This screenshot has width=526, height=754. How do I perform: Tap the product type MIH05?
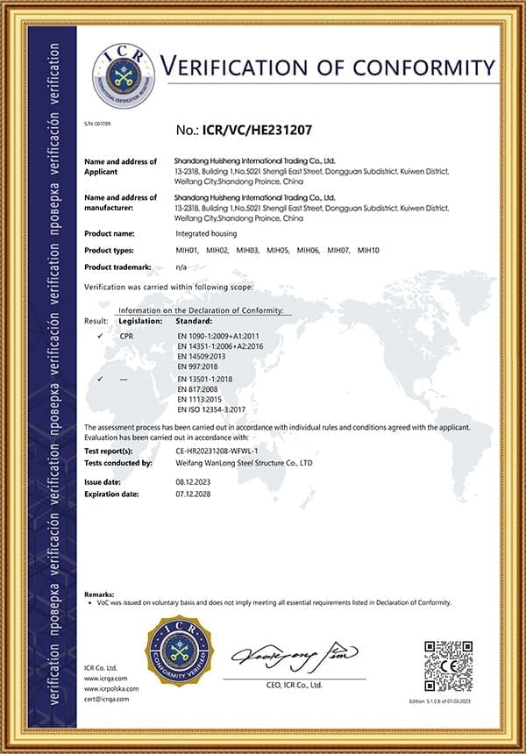pyautogui.click(x=278, y=251)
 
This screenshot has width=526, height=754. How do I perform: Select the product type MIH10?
pyautogui.click(x=368, y=251)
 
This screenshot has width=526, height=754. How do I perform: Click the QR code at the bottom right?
pyautogui.click(x=448, y=665)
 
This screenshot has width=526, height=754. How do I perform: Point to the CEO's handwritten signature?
pyautogui.click(x=294, y=654)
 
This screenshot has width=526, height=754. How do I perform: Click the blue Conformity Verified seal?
pyautogui.click(x=178, y=651)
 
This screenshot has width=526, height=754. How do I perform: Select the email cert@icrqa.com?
pyautogui.click(x=106, y=699)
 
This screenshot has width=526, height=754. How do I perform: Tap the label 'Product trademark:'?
pyautogui.click(x=118, y=266)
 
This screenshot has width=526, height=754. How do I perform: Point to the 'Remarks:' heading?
pyautogui.click(x=99, y=594)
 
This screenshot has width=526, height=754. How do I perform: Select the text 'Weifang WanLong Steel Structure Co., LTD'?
pyautogui.click(x=244, y=463)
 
